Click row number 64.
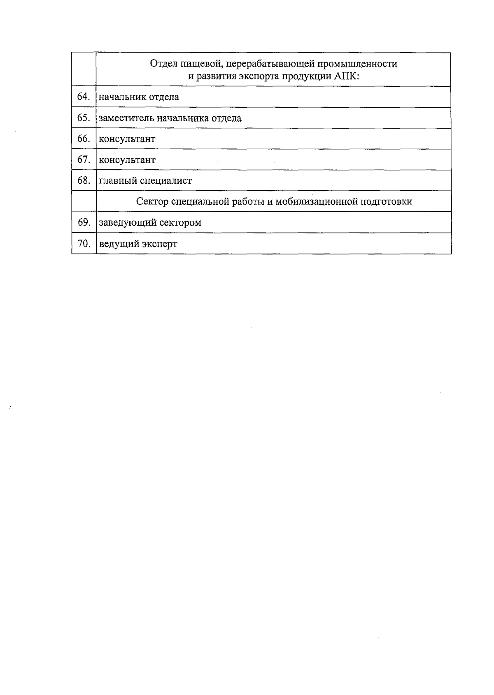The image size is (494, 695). [x=84, y=97]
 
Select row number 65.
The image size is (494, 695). [x=84, y=118]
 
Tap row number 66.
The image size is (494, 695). [x=84, y=139]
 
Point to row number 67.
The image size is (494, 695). [x=84, y=159]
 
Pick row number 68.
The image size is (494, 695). [x=84, y=180]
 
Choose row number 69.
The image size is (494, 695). [x=84, y=222]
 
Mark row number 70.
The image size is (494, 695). [x=84, y=244]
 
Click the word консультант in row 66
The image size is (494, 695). [x=127, y=139]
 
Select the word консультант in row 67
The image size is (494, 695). [x=127, y=160]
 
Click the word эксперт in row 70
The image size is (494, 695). [x=159, y=244]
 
